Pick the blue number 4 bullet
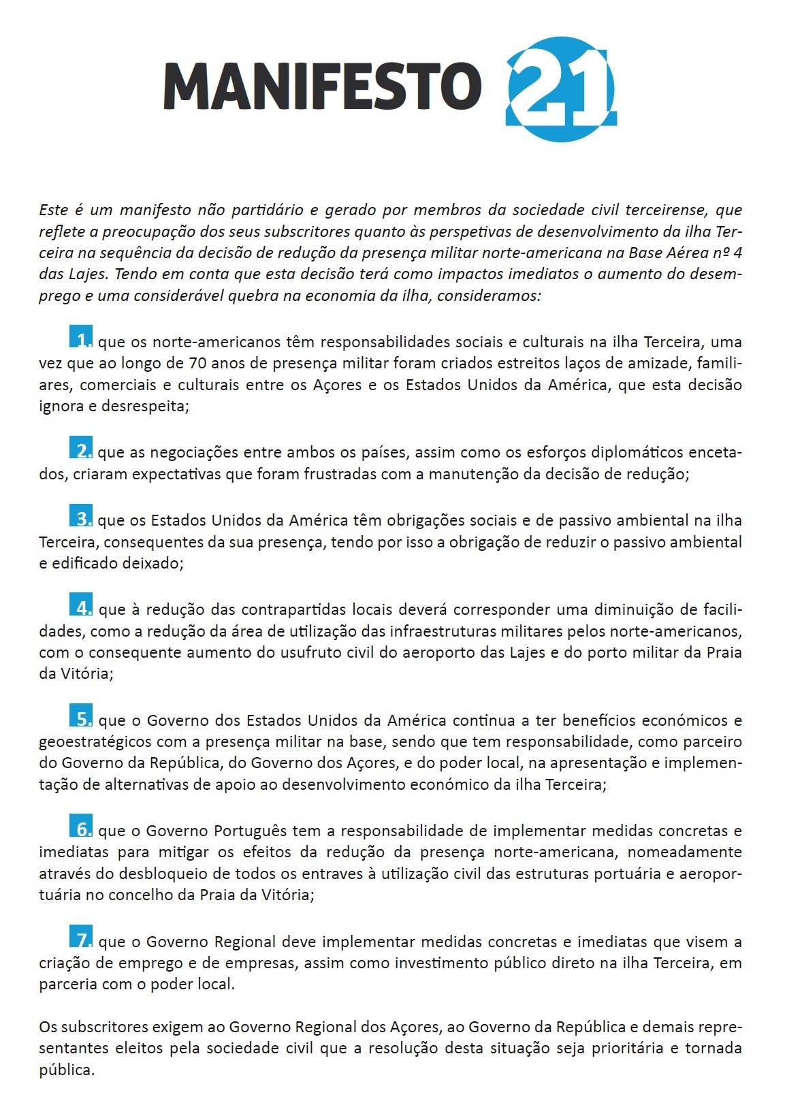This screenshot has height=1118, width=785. click(x=82, y=606)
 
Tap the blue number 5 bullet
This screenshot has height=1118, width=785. click(x=82, y=718)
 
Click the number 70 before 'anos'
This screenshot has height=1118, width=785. click(x=198, y=364)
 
